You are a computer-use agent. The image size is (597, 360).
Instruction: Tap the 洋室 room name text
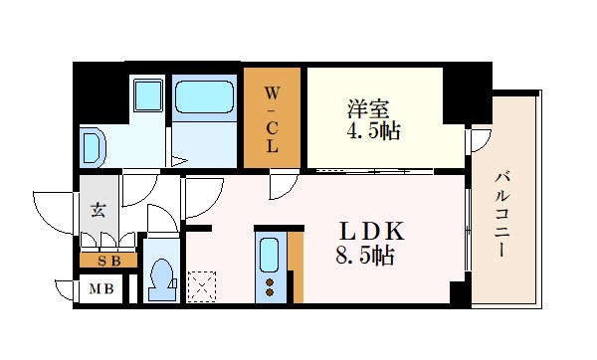[366, 106]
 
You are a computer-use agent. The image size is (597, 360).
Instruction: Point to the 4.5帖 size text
[374, 130]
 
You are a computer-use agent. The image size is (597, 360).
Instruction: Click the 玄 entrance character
[99, 210]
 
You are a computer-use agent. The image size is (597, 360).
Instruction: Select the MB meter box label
[101, 291]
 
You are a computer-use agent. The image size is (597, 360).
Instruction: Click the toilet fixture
[160, 278]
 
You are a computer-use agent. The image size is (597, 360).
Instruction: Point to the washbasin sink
[93, 147]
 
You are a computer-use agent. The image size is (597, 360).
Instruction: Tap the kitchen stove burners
[269, 286]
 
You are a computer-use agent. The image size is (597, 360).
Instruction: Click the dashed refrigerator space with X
[203, 286]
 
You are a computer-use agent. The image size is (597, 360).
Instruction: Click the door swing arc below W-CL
[282, 182]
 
